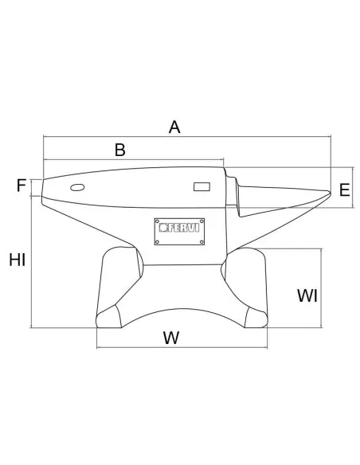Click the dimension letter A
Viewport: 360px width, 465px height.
(x=174, y=127)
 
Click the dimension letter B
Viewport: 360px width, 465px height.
(x=120, y=150)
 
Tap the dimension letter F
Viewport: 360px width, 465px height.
(x=22, y=186)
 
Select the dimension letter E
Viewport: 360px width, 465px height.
(x=344, y=190)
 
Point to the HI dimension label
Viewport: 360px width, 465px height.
(x=18, y=260)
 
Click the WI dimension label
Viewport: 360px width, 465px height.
(x=307, y=295)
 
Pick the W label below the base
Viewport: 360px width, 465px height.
(x=171, y=338)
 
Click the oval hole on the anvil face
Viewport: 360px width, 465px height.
(x=77, y=187)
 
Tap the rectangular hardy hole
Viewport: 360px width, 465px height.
(x=202, y=186)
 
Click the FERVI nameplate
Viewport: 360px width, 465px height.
(x=179, y=232)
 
